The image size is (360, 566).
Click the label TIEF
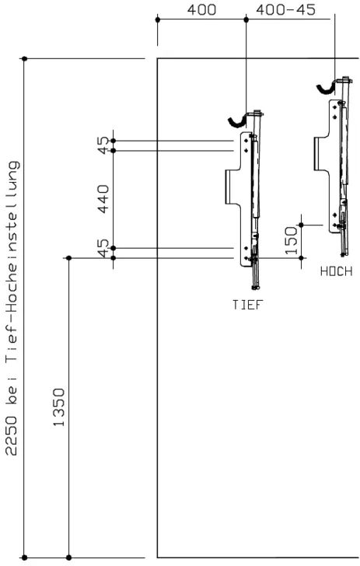pyautogui.click(x=247, y=305)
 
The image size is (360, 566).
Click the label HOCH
pyautogui.click(x=336, y=271)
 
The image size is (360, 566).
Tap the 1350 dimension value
pyautogui.click(x=58, y=407)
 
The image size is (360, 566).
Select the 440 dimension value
pyautogui.click(x=103, y=199)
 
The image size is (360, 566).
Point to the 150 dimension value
pyautogui.click(x=291, y=240)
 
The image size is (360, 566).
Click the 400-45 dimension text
pyautogui.click(x=285, y=10)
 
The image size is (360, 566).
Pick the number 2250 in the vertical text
pyautogui.click(x=11, y=435)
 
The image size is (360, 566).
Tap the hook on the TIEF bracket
pyautogui.click(x=236, y=121)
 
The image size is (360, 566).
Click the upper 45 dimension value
pyautogui.click(x=103, y=145)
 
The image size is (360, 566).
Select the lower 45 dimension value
pyautogui.click(x=103, y=249)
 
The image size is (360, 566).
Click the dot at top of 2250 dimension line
pyautogui.click(x=25, y=58)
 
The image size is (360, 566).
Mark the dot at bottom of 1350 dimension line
pyautogui.click(x=69, y=557)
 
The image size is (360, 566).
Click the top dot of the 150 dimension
pyautogui.click(x=302, y=225)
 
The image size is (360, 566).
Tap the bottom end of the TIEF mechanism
pyautogui.click(x=256, y=288)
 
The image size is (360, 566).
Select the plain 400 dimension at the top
pyautogui.click(x=201, y=10)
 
